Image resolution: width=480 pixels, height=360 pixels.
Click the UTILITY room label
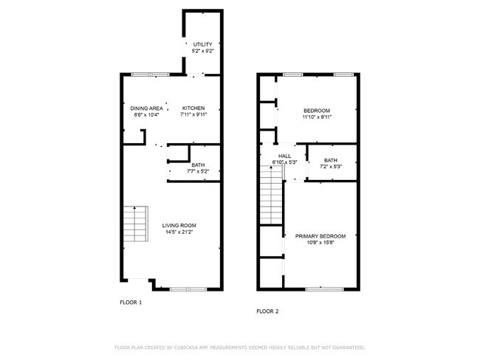202,44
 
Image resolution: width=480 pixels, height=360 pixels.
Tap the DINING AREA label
147,108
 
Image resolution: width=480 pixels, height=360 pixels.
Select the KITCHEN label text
193,108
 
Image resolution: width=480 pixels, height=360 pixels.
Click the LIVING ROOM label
179,226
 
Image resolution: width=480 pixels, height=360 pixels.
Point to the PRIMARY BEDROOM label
320,236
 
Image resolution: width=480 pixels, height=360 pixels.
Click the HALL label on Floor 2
285,156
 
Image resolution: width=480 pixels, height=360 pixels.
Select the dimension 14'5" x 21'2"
179,232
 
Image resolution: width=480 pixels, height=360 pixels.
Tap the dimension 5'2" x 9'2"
202,51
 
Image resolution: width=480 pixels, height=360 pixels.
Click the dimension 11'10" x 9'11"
317,117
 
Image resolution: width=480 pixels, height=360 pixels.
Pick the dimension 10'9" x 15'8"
320,243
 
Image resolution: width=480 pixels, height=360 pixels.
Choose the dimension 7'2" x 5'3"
331,167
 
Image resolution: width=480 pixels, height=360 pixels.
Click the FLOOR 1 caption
131,302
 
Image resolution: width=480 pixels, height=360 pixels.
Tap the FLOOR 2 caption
267,311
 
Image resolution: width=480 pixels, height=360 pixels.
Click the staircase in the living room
136,224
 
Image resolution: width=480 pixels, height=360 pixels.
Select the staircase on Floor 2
271,195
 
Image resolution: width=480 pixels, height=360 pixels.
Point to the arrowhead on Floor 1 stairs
134,208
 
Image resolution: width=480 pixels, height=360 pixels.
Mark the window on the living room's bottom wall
188,288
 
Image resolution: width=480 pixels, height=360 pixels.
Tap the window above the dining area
151,75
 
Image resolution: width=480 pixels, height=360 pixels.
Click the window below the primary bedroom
325,288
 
